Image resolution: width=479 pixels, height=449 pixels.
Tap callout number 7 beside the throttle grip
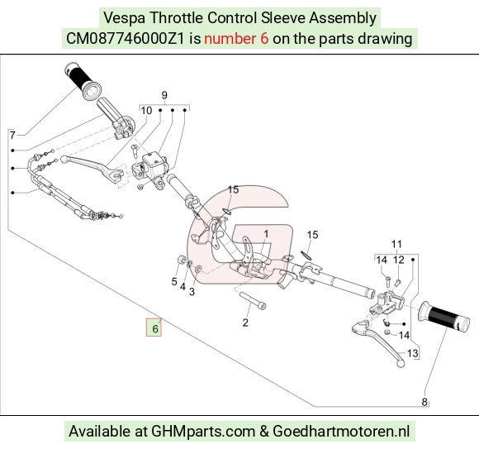[12, 135]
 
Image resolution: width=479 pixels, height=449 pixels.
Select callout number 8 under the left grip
[424, 402]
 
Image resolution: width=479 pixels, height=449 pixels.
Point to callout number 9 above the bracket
[164, 95]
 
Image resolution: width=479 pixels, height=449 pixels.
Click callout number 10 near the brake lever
[146, 111]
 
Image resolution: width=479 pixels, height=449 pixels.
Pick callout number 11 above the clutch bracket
[396, 244]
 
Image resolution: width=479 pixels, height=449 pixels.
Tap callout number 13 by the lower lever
[412, 353]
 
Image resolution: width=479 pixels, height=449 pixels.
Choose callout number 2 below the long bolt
[245, 322]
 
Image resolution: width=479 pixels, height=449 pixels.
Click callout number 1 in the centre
[266, 234]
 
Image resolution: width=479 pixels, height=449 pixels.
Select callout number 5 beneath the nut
[174, 281]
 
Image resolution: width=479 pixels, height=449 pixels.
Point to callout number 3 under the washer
[192, 292]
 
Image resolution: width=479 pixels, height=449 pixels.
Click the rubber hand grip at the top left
[83, 81]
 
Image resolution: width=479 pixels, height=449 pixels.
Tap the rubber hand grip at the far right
[444, 317]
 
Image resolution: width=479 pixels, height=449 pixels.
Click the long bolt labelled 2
[253, 301]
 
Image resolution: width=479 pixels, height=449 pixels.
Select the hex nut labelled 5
[181, 260]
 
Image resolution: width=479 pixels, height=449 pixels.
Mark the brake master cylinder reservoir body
[154, 164]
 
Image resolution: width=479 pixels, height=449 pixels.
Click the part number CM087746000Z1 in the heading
[126, 39]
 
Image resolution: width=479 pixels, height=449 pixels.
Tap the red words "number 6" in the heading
[236, 39]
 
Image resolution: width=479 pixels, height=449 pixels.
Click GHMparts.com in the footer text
[203, 432]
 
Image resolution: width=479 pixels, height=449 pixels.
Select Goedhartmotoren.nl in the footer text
[341, 432]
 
